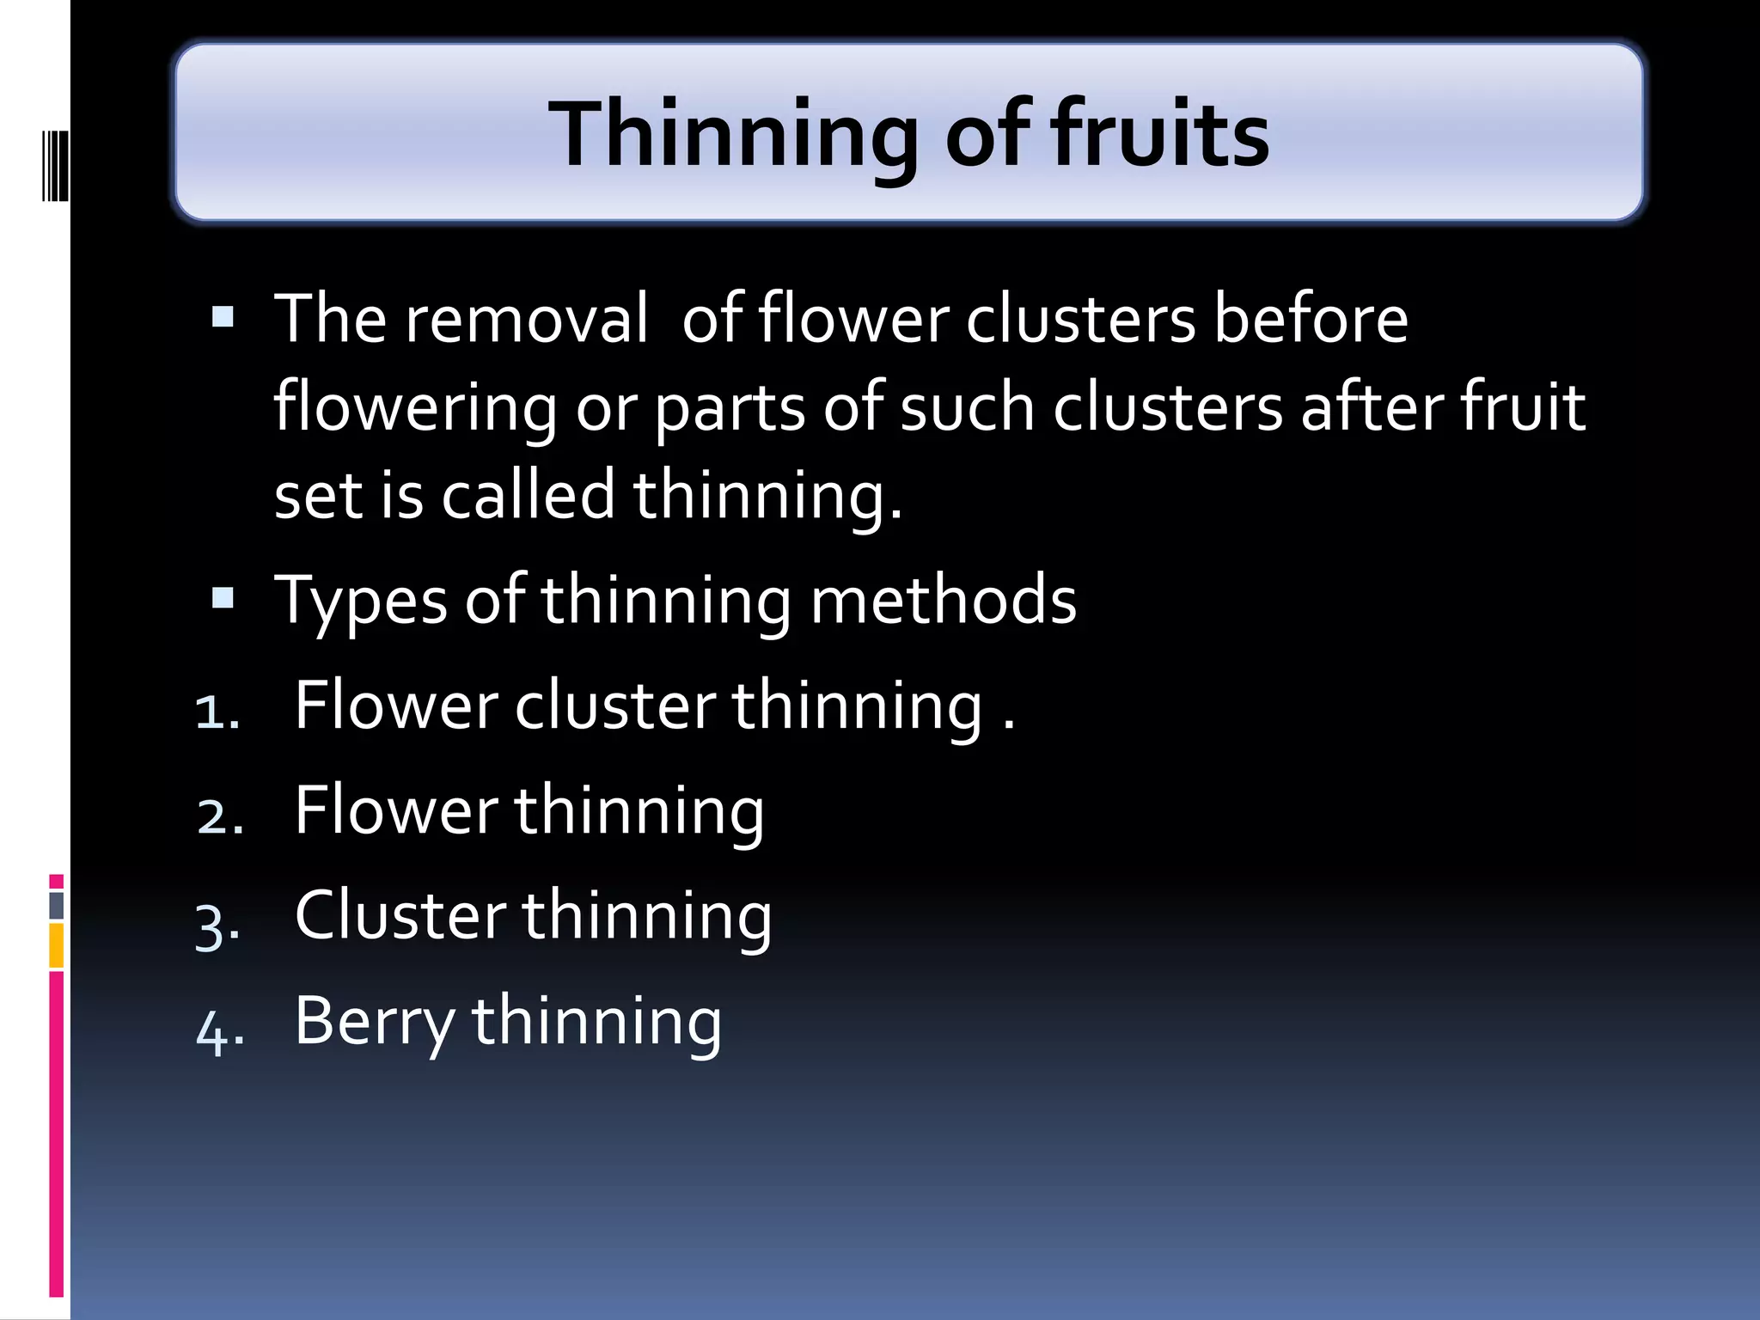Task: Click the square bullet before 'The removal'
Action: tap(223, 318)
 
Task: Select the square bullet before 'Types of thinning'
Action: tap(223, 598)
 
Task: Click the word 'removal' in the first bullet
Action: tap(526, 320)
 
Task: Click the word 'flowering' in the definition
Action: tap(415, 409)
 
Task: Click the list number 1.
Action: tap(217, 712)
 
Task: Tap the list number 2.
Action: tap(220, 816)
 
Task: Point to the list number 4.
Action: tap(220, 1030)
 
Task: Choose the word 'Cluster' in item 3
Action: tap(400, 915)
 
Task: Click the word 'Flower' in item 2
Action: tap(396, 810)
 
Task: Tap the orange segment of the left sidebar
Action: tap(57, 944)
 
